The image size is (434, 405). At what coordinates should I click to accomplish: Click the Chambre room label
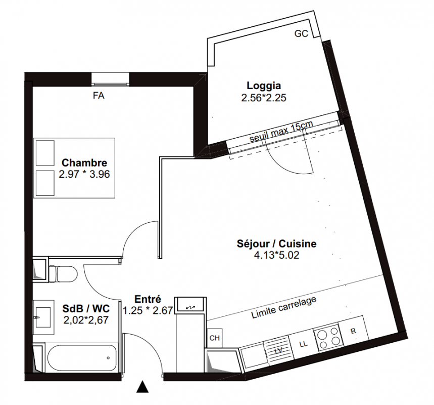point(84,163)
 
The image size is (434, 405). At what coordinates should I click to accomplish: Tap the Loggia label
point(264,86)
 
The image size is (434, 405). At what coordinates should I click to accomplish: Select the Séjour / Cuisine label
point(276,244)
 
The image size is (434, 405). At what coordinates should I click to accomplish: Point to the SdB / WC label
point(86,308)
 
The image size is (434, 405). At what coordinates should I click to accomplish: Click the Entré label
point(148,299)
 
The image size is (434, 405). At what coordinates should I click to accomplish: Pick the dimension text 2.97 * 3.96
point(84,174)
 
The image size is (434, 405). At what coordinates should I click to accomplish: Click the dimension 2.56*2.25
point(264,98)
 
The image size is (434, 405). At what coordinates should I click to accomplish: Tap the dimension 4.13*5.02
point(276,255)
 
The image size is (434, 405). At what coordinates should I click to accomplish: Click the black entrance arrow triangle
point(142,387)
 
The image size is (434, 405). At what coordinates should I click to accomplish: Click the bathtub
point(82,358)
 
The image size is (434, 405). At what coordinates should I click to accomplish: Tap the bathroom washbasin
point(43,317)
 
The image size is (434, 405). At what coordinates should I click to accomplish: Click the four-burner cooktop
point(328,338)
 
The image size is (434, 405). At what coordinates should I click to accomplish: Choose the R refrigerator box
point(354,331)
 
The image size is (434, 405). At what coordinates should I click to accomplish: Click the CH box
point(215,338)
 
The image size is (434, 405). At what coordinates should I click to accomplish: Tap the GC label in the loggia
point(301,33)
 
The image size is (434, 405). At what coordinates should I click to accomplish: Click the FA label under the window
point(99,95)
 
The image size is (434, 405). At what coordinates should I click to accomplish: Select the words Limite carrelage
point(284,307)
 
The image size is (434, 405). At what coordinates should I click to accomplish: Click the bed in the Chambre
point(74,168)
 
